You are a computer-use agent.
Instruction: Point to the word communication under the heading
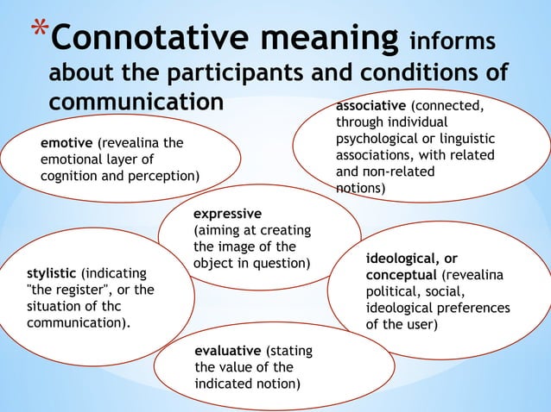136,101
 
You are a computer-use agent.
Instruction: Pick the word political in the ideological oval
391,292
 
